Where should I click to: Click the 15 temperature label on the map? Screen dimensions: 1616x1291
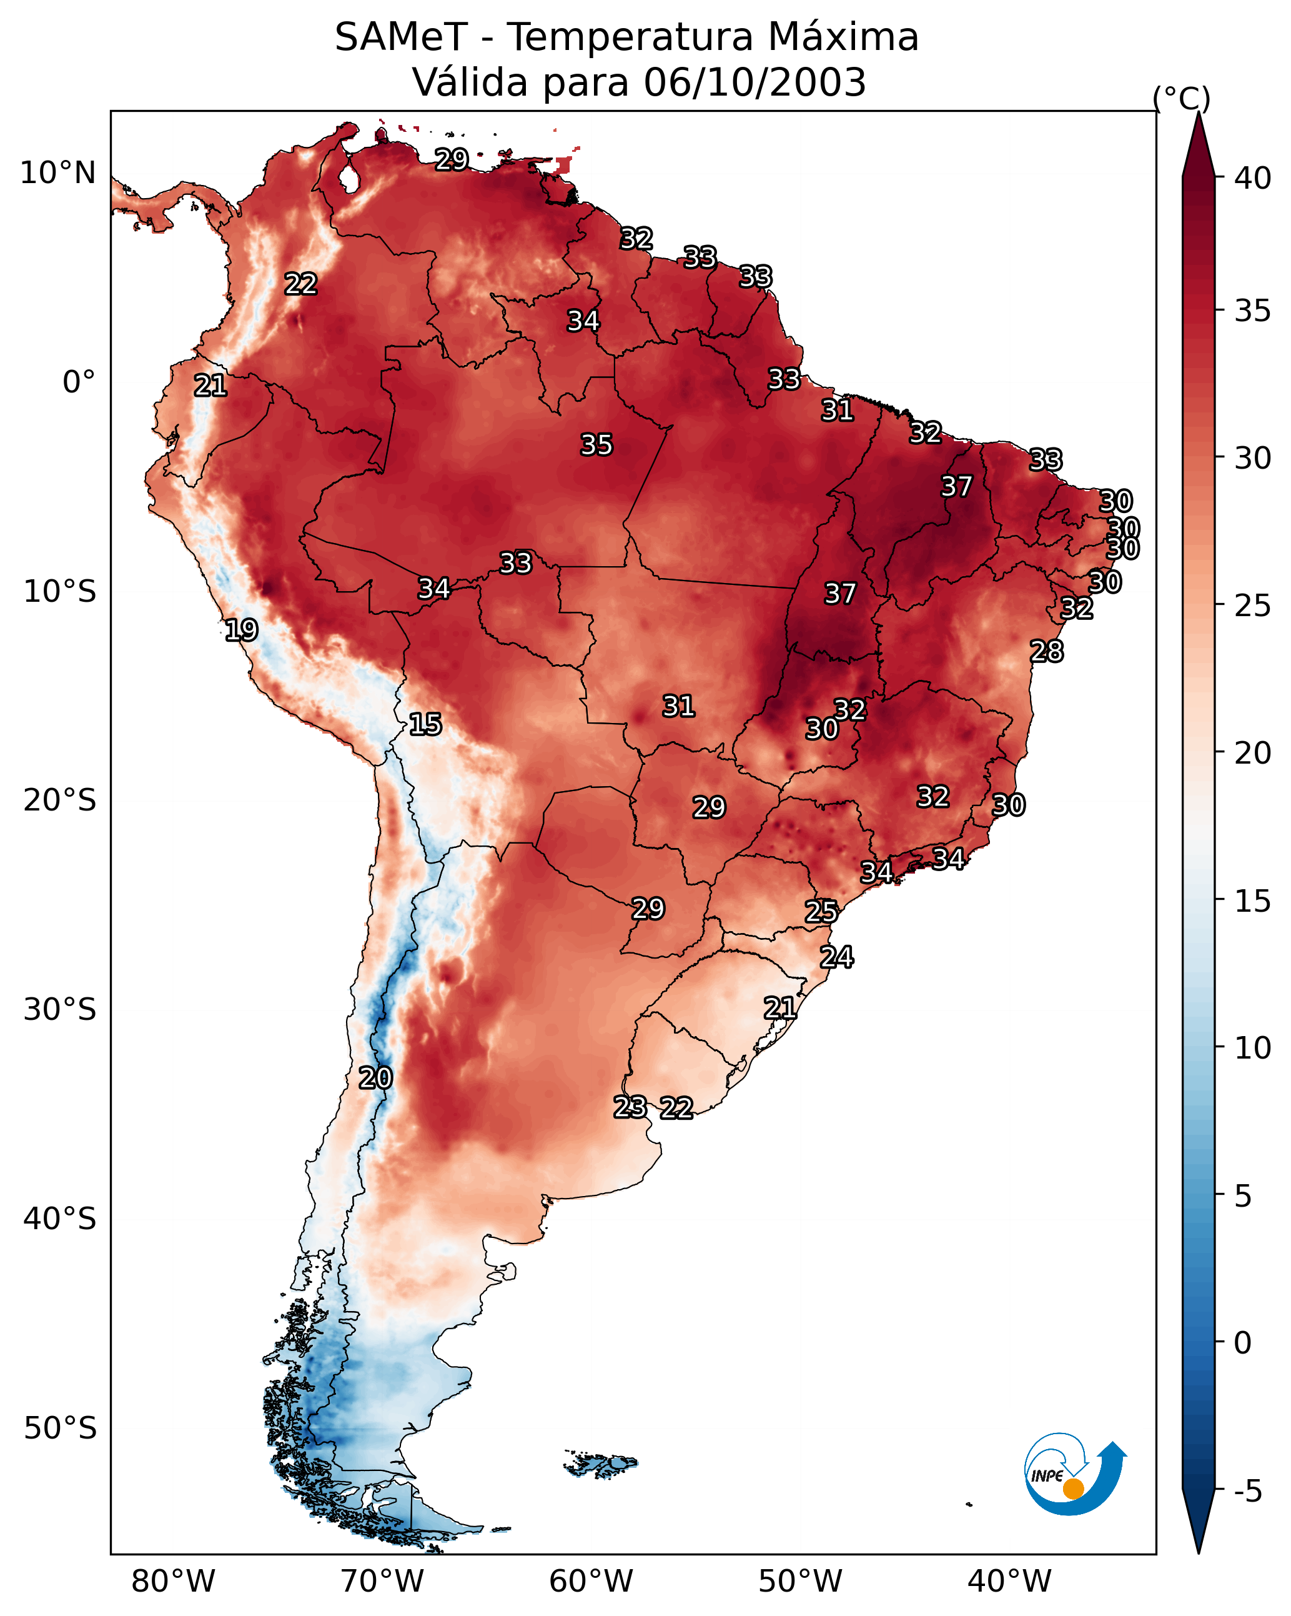tap(425, 724)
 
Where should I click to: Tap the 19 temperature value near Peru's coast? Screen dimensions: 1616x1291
tap(241, 630)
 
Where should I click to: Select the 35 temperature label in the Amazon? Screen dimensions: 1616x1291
tap(596, 444)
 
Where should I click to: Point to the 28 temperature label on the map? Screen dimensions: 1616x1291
tap(1046, 651)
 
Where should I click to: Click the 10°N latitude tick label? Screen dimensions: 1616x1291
tap(57, 173)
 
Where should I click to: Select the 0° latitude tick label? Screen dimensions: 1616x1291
tap(79, 382)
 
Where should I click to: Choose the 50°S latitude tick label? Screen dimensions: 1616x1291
tap(60, 1429)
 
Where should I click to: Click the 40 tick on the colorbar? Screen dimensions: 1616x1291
tap(1253, 178)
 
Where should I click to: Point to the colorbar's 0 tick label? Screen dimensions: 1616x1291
tap(1242, 1343)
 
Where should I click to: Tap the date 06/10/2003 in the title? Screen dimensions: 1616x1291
tap(754, 82)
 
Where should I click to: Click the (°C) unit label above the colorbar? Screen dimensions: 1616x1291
tap(1182, 98)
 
